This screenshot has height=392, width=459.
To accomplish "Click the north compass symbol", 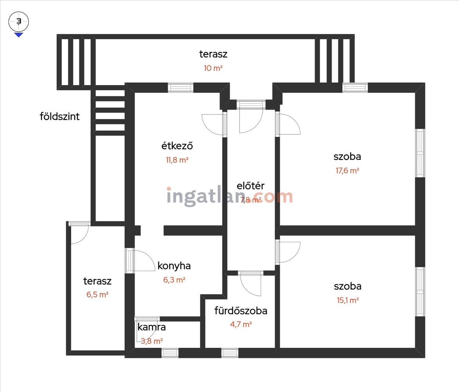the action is tap(19, 24).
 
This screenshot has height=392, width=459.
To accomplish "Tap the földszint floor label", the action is tap(60, 116).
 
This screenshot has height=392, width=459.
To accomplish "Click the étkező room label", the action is tap(177, 145).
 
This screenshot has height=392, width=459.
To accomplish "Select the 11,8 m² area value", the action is tap(177, 160).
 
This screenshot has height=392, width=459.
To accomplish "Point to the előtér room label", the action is tap(250, 185).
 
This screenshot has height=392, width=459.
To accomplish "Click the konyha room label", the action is tap(174, 266).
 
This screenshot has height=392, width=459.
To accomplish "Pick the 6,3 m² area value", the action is tap(174, 280).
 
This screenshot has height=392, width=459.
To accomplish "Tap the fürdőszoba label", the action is tap(241, 310).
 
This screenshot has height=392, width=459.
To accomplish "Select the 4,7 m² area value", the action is tap(241, 324).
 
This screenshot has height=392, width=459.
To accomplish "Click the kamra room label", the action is tap(152, 327).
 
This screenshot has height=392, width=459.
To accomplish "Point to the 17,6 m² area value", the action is tap(347, 171).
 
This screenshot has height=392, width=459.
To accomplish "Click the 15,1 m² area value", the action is tap(347, 300).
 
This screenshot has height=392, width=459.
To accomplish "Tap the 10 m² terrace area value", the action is tap(213, 68).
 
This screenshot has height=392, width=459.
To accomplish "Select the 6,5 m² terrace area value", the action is tap(97, 294).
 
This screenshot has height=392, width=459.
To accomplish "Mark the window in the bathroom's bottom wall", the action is tap(230, 353).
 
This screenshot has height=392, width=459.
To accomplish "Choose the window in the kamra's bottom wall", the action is tap(170, 353).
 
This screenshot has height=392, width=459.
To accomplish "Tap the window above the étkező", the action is tap(181, 88).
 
